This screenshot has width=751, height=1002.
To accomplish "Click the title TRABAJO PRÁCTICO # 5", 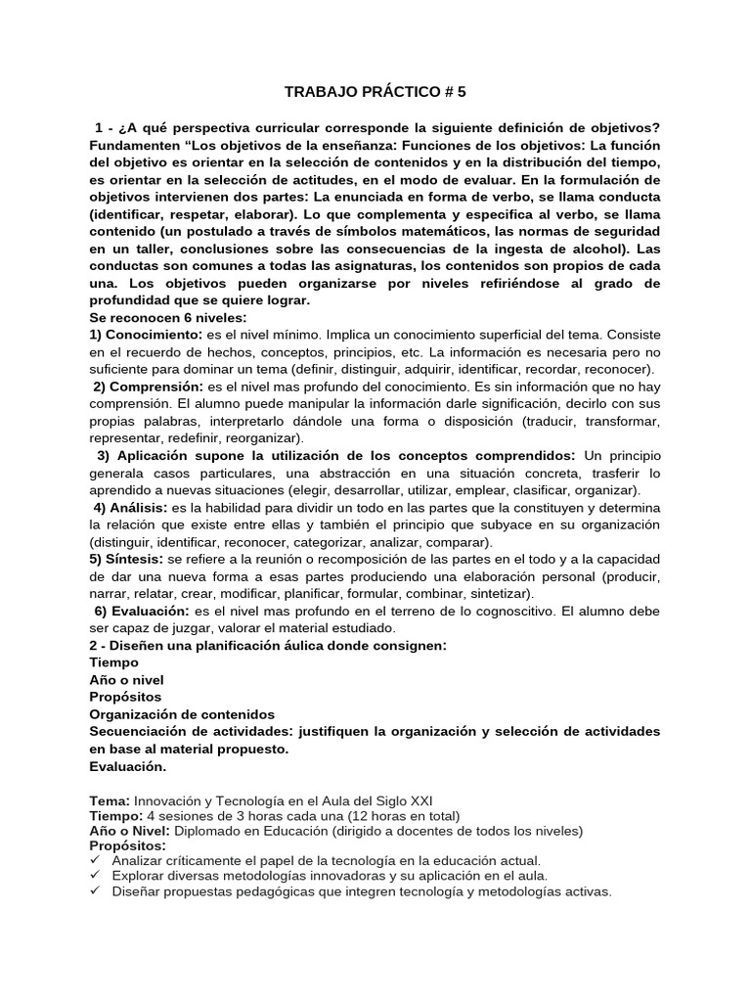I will click(x=375, y=92).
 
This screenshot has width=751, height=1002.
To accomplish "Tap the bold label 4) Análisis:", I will click(x=131, y=507).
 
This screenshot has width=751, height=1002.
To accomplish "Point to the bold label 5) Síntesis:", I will click(x=125, y=559).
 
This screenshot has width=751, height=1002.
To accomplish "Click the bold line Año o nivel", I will click(x=126, y=680).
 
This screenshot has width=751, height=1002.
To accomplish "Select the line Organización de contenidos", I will click(x=182, y=714).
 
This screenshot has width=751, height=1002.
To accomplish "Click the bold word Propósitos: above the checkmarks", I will click(x=128, y=845).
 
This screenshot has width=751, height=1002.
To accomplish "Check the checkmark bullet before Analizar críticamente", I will click(x=95, y=861).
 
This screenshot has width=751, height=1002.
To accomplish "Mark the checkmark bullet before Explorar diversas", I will click(x=95, y=876).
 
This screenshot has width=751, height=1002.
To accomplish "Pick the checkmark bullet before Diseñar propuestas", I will click(x=95, y=891).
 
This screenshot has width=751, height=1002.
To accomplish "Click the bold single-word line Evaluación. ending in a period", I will click(x=128, y=766).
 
